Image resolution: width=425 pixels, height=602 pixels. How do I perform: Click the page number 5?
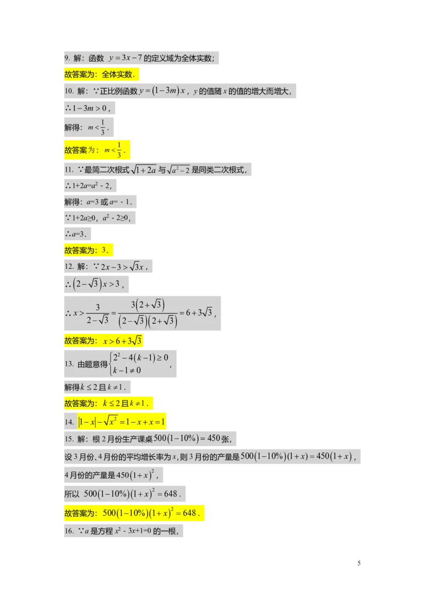point(359,563)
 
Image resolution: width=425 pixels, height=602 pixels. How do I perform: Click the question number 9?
point(67,58)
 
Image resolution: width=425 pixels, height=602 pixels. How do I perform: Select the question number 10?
point(69,91)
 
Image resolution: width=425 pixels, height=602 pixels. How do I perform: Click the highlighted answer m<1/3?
point(114,150)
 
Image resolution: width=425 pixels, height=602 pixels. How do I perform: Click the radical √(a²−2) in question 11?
point(178,169)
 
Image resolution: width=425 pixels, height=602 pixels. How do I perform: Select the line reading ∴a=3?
point(76,234)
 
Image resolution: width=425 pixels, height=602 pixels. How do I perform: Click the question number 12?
point(69,266)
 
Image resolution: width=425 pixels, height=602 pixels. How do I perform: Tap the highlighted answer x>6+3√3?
point(122,340)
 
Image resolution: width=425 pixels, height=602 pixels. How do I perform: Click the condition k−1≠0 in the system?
point(127,370)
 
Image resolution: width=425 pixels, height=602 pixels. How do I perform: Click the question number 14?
point(69,422)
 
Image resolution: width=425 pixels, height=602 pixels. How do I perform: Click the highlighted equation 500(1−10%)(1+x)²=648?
point(151,513)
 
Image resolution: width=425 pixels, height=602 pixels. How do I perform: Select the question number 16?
point(69,531)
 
